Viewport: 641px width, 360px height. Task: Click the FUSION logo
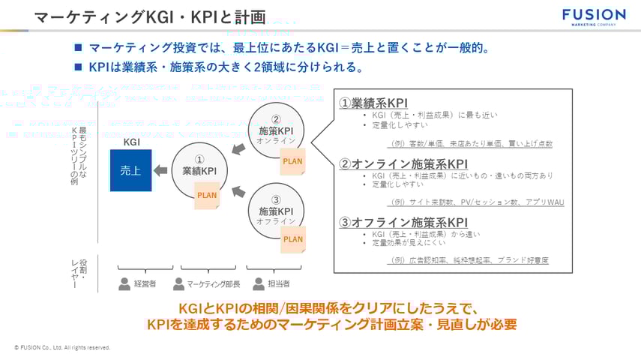593,17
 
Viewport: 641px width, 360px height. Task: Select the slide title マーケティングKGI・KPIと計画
150,16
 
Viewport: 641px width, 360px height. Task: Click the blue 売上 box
130,170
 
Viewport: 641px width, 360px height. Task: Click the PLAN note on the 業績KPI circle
207,196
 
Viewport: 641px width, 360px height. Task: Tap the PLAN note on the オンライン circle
293,160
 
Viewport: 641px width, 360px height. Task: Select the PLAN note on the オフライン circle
293,240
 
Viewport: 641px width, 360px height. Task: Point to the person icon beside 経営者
124,284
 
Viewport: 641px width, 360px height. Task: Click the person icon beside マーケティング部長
178,284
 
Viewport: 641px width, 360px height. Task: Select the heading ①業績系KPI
373,103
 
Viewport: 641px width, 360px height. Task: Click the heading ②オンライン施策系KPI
403,163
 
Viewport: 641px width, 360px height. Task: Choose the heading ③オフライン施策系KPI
403,222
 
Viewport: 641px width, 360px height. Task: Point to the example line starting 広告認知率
470,260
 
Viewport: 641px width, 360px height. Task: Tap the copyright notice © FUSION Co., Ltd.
62,348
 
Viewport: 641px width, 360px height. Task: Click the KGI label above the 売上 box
131,142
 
